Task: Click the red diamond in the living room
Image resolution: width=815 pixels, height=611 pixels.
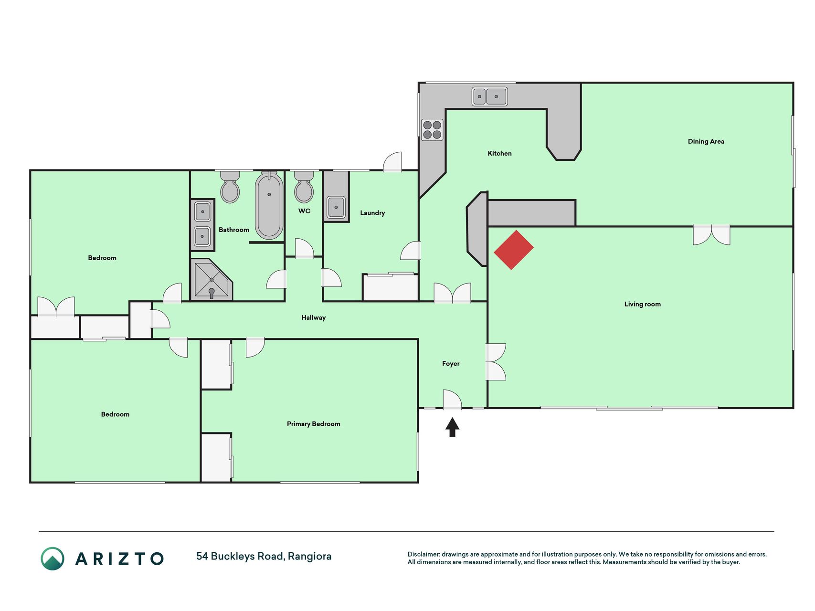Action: click(514, 250)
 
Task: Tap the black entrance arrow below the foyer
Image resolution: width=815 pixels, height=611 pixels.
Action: click(452, 427)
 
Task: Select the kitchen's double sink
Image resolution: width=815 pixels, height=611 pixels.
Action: click(489, 96)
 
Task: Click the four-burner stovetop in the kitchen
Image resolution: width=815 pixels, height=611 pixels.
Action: click(432, 130)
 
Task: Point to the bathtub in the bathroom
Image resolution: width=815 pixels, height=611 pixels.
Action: click(269, 205)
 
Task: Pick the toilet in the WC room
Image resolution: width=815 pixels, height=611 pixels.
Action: click(304, 187)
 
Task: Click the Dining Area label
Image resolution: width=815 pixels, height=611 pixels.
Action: click(706, 141)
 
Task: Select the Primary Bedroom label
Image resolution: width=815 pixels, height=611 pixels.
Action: click(313, 424)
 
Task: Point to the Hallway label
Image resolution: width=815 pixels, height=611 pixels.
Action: click(313, 317)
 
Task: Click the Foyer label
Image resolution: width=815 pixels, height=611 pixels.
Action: click(451, 364)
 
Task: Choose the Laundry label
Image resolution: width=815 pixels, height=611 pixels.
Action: click(372, 213)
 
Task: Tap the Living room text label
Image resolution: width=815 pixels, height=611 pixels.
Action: click(642, 304)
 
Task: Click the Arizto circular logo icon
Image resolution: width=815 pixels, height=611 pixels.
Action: click(53, 558)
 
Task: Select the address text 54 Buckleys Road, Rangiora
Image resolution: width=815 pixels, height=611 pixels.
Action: click(264, 556)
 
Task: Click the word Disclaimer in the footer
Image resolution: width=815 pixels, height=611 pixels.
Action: click(423, 554)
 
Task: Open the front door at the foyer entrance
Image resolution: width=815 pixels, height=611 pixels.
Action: click(452, 400)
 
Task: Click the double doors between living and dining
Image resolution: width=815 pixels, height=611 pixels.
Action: click(711, 235)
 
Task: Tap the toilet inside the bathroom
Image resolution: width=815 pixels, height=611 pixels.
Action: click(230, 187)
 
